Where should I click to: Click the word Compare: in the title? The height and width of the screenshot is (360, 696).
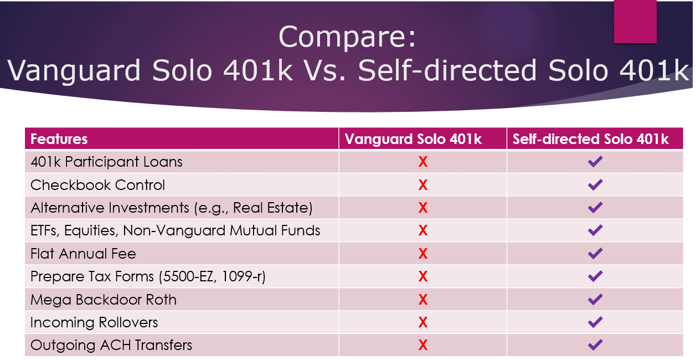pyautogui.click(x=347, y=38)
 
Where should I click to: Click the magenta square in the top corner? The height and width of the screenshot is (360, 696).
pyautogui.click(x=635, y=21)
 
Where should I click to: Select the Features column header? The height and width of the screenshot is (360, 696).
pyautogui.click(x=59, y=139)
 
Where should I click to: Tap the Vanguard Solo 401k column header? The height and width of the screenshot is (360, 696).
pyautogui.click(x=413, y=139)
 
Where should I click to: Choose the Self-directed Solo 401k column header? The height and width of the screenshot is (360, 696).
pyautogui.click(x=590, y=139)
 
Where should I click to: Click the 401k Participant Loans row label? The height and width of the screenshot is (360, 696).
pyautogui.click(x=106, y=162)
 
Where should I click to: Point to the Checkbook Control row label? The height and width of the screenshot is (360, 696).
pyautogui.click(x=97, y=185)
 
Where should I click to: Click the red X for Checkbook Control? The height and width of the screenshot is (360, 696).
pyautogui.click(x=423, y=185)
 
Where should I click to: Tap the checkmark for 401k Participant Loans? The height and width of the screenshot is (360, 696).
pyautogui.click(x=595, y=161)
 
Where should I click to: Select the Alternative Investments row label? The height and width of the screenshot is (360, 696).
pyautogui.click(x=172, y=208)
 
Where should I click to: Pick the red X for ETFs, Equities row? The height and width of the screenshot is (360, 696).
pyautogui.click(x=423, y=230)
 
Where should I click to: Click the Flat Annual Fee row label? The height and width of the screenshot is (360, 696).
pyautogui.click(x=83, y=254)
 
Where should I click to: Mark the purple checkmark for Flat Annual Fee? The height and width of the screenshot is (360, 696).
pyautogui.click(x=595, y=253)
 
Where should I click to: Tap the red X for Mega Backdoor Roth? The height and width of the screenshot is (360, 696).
pyautogui.click(x=423, y=300)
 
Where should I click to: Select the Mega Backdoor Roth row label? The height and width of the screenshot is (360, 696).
pyautogui.click(x=104, y=300)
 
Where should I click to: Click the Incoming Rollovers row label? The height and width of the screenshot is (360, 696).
pyautogui.click(x=94, y=322)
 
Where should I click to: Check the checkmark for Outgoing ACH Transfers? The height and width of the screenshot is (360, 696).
pyautogui.click(x=595, y=344)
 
